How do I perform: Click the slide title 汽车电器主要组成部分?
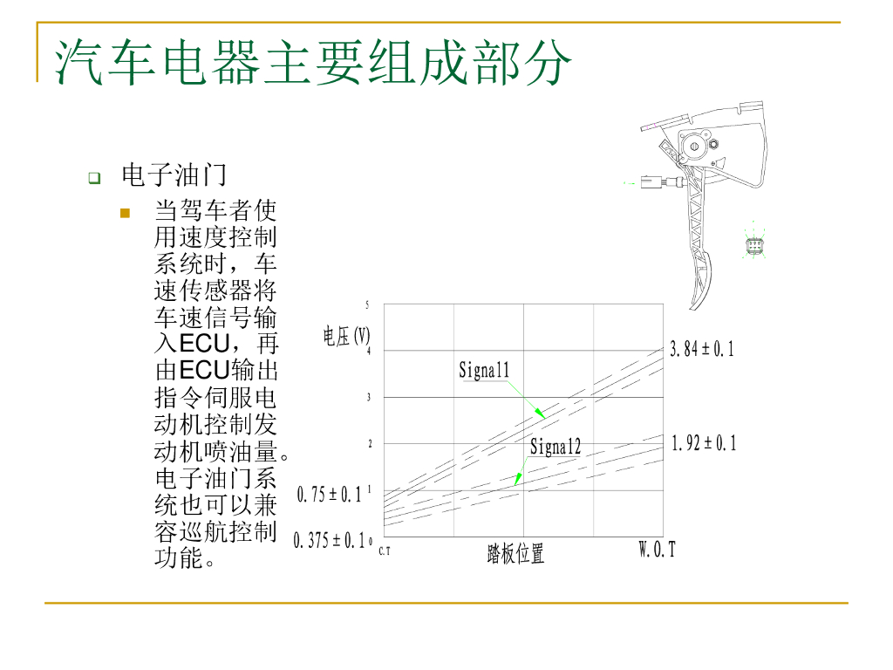[x=314, y=63]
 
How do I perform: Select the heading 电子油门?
[x=174, y=175]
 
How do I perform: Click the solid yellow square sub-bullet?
[x=125, y=213]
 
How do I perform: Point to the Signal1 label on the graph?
[x=484, y=370]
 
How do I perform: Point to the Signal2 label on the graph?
[x=556, y=448]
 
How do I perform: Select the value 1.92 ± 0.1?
[x=704, y=444]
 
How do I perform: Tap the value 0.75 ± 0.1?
[x=330, y=495]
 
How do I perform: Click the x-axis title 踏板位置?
[x=515, y=553]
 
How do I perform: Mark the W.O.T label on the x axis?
[x=658, y=550]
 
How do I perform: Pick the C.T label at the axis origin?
[x=385, y=551]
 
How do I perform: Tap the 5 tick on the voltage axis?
[x=368, y=305]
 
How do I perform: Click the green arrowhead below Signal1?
[x=540, y=411]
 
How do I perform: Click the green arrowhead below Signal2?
[x=518, y=478]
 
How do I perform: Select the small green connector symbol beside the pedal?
[x=755, y=244]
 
